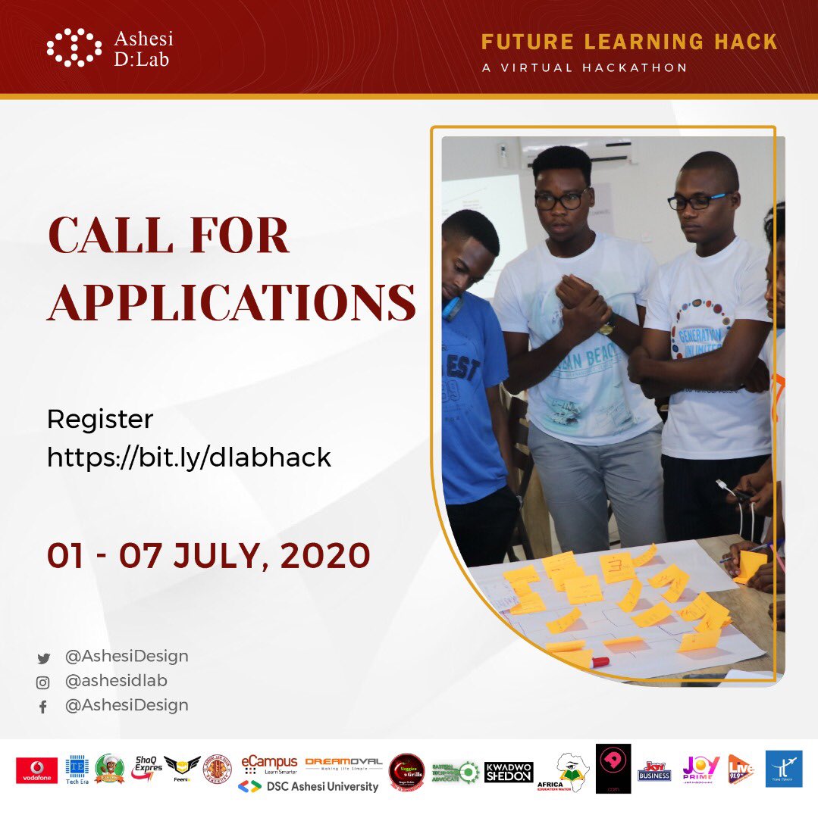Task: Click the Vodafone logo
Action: (x=36, y=770)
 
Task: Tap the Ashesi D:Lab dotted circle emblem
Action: (x=74, y=48)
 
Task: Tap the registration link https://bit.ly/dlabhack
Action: (x=189, y=457)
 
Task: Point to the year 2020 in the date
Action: (x=325, y=556)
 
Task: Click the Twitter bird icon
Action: (x=43, y=658)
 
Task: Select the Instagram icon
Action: (x=43, y=682)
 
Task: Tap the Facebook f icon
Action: (x=43, y=707)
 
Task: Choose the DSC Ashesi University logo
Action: (x=309, y=786)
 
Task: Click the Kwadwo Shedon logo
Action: (x=509, y=772)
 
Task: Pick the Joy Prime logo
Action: (x=700, y=769)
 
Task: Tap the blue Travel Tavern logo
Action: (x=783, y=769)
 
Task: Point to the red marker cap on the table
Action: (x=600, y=662)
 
